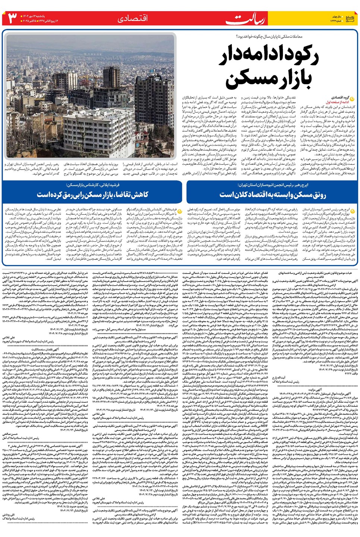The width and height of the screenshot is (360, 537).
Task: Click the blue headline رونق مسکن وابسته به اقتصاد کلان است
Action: click(272, 194)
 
